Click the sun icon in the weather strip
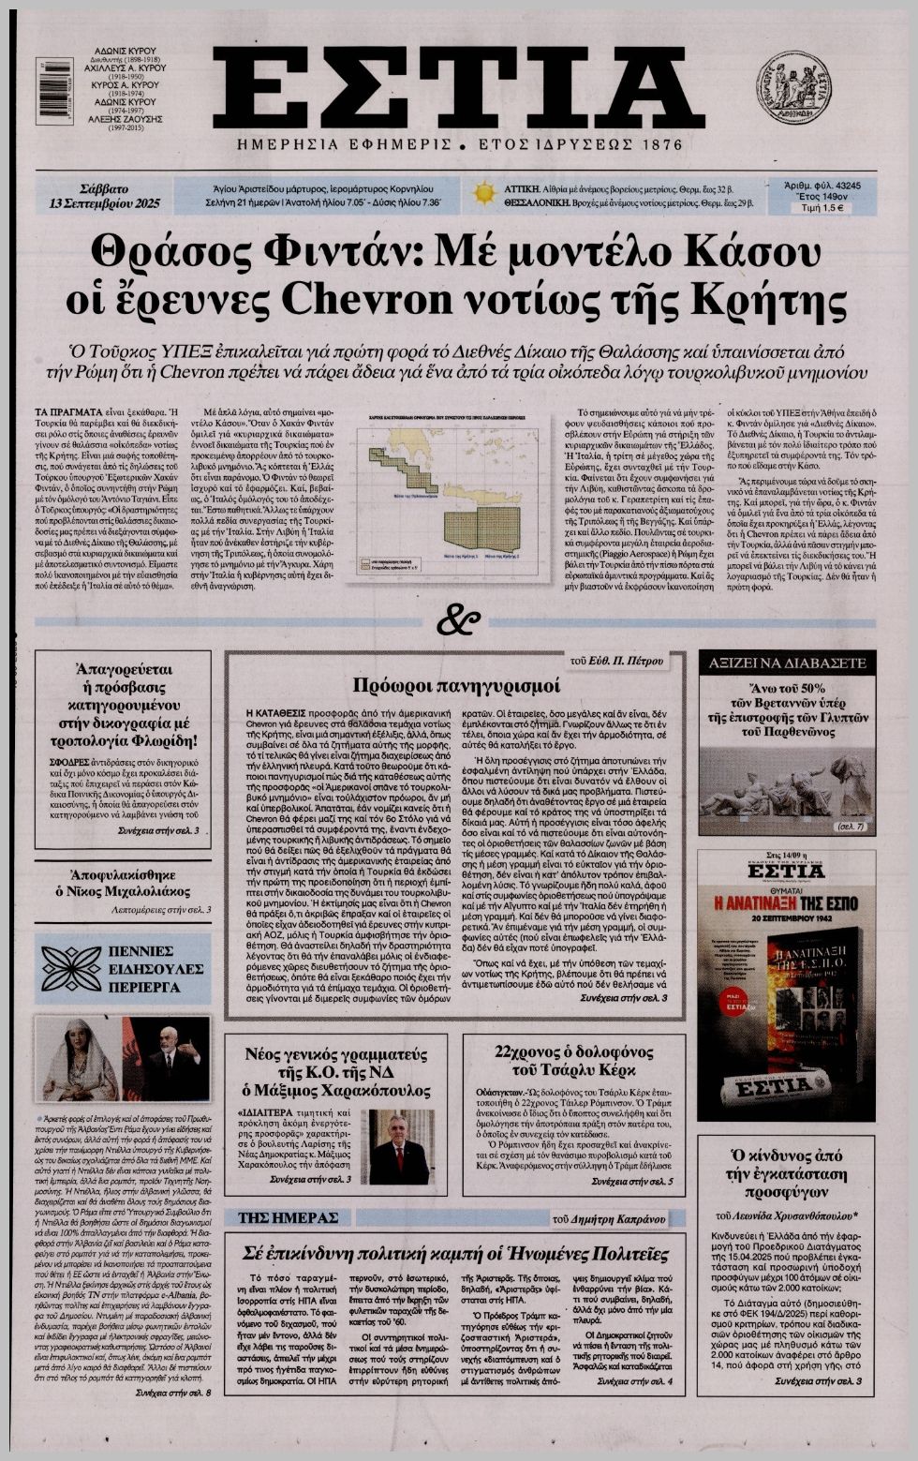[483, 194]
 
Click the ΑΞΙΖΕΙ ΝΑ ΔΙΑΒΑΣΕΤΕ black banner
[786, 661]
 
